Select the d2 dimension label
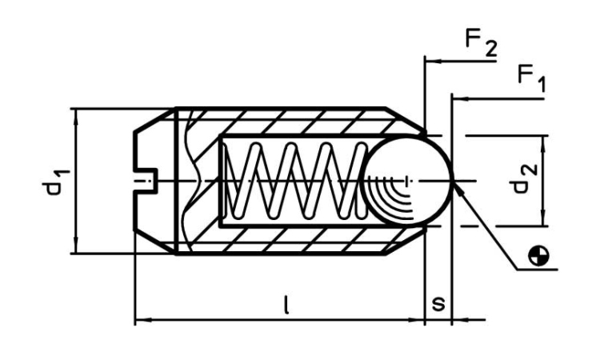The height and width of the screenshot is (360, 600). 521,181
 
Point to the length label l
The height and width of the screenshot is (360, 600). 286,304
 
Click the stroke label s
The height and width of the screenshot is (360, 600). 438,305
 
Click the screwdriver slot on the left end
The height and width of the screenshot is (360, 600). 146,181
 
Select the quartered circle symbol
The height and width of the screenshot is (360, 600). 542,255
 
